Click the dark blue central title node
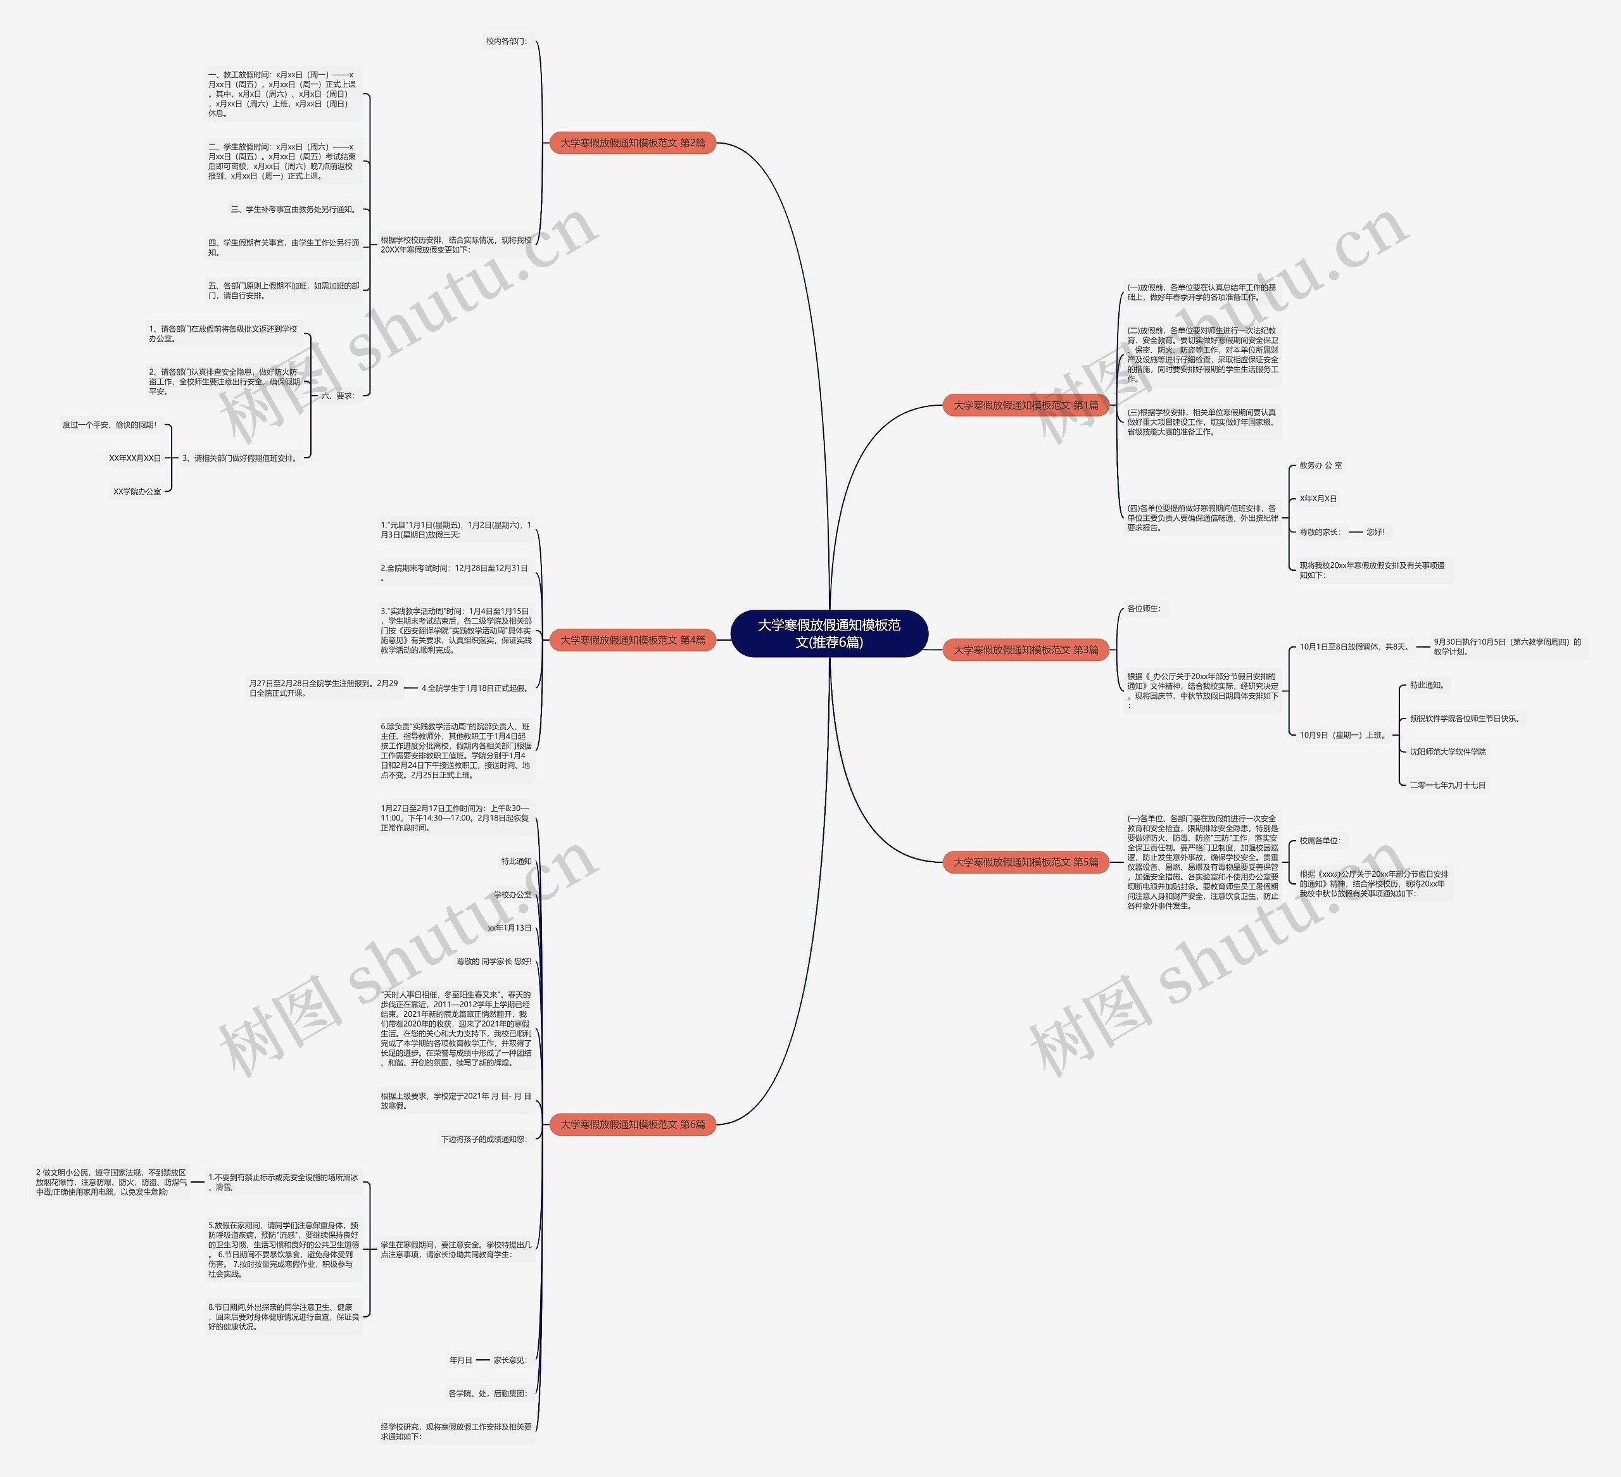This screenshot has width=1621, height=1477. tap(829, 634)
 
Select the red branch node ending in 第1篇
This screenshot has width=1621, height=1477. tap(1025, 405)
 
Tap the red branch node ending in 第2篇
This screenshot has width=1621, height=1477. tap(632, 143)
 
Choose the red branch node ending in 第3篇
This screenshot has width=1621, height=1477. tap(1025, 650)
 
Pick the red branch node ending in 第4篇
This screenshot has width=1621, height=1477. tap(632, 640)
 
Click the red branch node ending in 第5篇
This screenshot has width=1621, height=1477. tap(1025, 862)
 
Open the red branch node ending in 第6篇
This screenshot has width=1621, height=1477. tap(632, 1124)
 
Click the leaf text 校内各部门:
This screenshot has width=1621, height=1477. tap(507, 41)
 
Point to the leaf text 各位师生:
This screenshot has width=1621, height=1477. tap(1144, 608)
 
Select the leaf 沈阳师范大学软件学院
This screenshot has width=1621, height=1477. tap(1448, 751)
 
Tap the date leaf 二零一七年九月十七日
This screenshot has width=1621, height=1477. tap(1448, 785)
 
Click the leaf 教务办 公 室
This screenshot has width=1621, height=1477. tap(1320, 465)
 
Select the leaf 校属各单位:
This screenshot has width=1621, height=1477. tap(1320, 841)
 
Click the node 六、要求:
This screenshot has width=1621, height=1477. tap(337, 396)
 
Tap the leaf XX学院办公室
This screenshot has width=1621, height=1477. tap(137, 491)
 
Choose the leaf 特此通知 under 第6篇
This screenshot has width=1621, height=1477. tap(516, 861)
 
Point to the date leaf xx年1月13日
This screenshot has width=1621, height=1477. tap(510, 928)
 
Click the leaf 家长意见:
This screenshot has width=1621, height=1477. tap(510, 1361)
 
